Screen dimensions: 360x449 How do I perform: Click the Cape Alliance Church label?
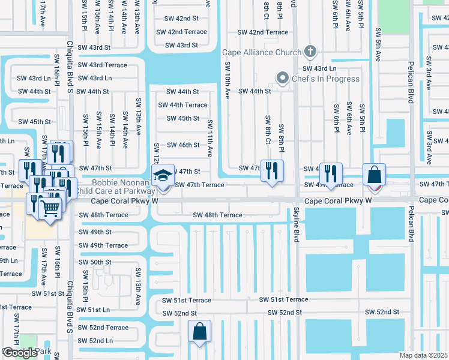[x=262, y=52]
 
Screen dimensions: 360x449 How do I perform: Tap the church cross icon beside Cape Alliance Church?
[x=310, y=52]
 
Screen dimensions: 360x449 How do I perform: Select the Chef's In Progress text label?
[x=325, y=79]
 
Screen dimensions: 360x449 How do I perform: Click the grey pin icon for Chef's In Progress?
[x=282, y=78]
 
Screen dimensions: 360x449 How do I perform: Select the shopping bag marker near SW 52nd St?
[x=199, y=331]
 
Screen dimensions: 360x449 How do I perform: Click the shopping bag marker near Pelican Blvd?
[x=373, y=175]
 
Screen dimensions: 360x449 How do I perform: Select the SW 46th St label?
[x=183, y=145]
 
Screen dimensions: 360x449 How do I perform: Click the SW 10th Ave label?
[x=228, y=80]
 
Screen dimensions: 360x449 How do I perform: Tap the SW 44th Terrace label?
[x=182, y=105]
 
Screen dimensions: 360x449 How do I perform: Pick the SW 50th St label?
[x=95, y=262]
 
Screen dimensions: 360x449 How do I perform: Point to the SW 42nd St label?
[x=182, y=19]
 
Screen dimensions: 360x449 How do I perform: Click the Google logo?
[x=19, y=353]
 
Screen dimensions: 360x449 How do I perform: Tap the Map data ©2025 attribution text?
[x=423, y=355]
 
